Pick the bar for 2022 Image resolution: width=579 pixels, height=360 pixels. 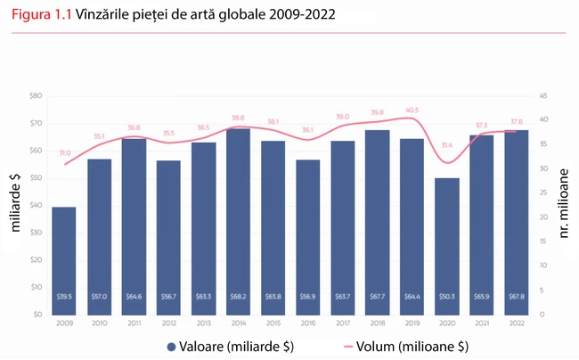516,222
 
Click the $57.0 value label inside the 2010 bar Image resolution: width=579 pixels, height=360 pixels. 98,297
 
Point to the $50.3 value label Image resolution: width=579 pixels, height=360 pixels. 446,297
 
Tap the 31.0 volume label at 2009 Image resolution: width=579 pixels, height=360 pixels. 64,153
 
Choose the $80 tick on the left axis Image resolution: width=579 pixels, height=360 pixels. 36,95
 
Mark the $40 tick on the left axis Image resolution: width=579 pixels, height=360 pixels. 36,205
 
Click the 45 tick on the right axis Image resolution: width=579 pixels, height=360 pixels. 543,95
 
